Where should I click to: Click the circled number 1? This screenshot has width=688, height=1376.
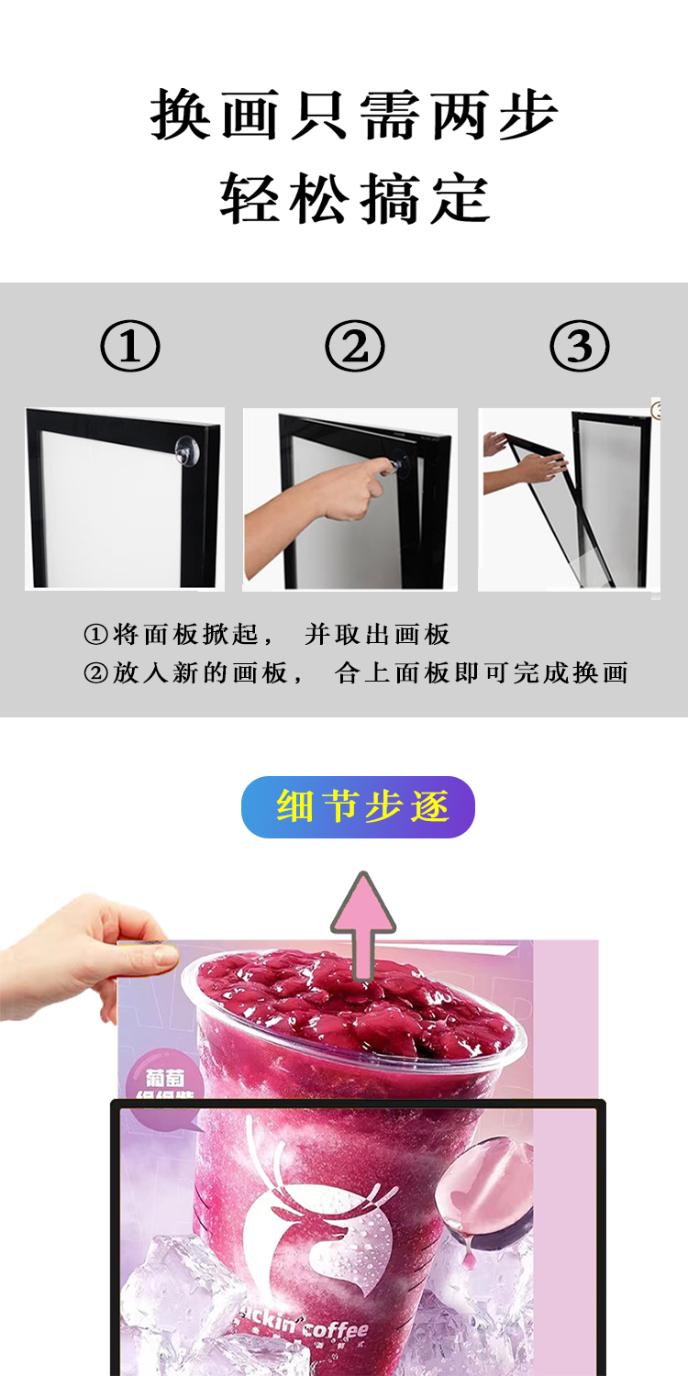[129, 348]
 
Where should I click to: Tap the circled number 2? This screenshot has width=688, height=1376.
[354, 348]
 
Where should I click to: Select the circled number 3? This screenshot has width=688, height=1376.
[579, 348]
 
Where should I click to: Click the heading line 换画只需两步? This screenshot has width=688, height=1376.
[354, 117]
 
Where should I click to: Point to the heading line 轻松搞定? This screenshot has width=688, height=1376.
[354, 198]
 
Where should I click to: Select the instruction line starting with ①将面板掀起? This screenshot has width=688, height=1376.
[266, 634]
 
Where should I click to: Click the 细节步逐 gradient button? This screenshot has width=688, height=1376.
[358, 807]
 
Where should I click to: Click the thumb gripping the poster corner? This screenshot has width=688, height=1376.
[151, 956]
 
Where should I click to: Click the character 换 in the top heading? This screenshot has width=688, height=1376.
[180, 117]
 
